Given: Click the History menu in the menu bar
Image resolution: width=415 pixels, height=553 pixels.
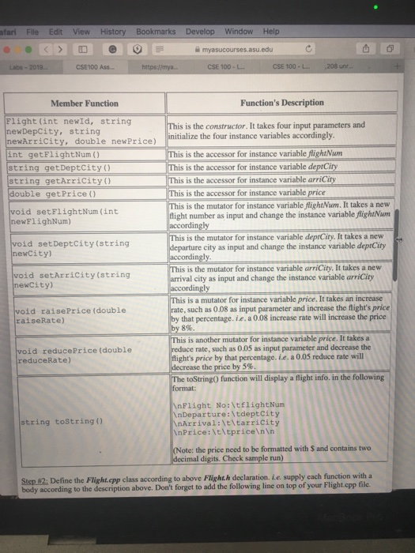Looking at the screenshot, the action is [113, 31].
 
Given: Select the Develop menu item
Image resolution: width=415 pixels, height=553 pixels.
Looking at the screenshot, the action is [200, 31].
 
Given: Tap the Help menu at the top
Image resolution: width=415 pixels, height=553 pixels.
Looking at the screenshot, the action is [271, 31].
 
